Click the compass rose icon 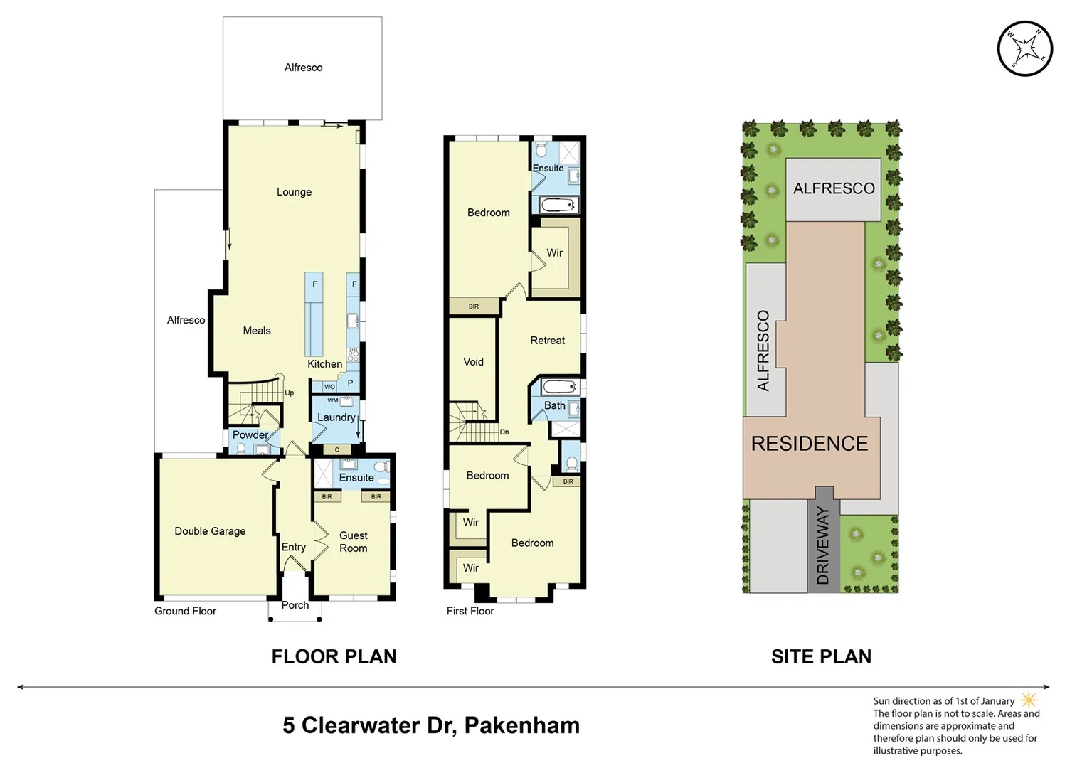(x=1024, y=49)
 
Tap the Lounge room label (x=294, y=192)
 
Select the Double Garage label (x=210, y=531)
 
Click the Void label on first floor (x=473, y=362)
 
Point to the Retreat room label (x=547, y=341)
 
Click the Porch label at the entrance (x=295, y=605)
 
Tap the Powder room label (x=250, y=434)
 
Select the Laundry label (x=336, y=417)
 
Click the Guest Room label (x=353, y=542)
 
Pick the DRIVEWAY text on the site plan (x=823, y=545)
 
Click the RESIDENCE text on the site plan (x=810, y=444)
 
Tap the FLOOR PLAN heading (x=334, y=656)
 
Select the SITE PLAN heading (x=821, y=656)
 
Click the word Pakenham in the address (x=521, y=725)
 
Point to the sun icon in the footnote (x=1029, y=700)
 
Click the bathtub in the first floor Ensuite (x=557, y=206)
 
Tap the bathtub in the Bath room (x=558, y=387)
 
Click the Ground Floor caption (x=185, y=611)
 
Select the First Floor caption (x=470, y=611)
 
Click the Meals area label (x=257, y=331)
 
